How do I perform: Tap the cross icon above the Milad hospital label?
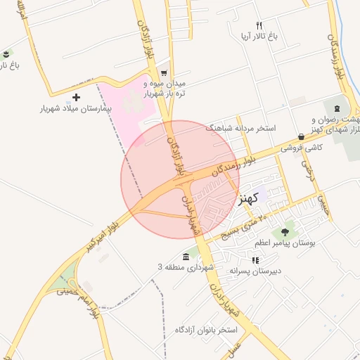[x=77, y=97]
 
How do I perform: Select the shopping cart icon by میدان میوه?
[x=164, y=72]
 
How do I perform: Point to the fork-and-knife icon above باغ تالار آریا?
[x=259, y=26]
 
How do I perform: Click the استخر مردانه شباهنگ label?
[x=240, y=129]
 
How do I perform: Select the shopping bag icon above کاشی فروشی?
[x=302, y=137]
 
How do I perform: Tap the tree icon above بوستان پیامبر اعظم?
[x=285, y=232]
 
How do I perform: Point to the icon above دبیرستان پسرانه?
[x=255, y=260]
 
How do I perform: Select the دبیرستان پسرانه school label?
[x=255, y=271]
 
